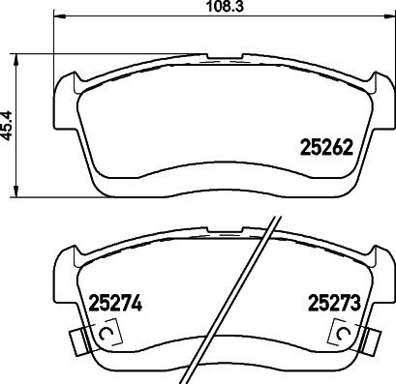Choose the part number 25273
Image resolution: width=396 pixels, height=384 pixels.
tap(334, 302)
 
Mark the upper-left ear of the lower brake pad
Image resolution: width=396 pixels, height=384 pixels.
tap(68, 259)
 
